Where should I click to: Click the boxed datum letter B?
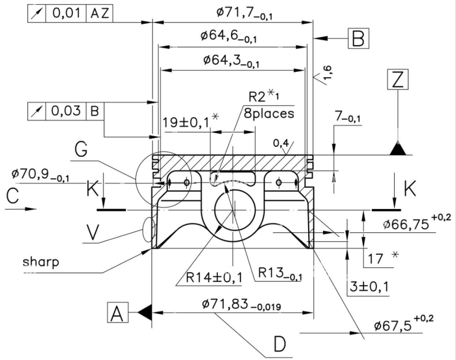pos(358,38)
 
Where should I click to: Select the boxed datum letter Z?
pos(398,79)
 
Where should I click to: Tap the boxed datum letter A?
pos(118,312)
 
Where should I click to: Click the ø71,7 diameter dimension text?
pos(244,13)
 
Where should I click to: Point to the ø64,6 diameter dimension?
pos(229,36)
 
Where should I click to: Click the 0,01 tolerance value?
pos(66,14)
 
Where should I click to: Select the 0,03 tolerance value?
pos(66,111)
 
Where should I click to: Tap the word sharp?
pos(41,261)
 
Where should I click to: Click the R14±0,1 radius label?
pos(214,277)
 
